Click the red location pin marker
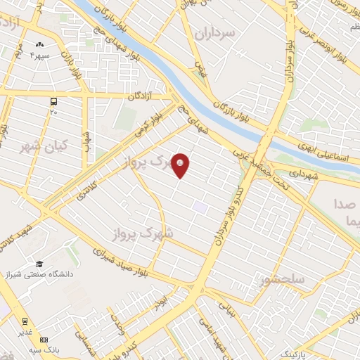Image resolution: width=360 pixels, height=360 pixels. click(181, 165)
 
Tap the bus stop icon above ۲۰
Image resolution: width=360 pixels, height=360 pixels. click(54, 102)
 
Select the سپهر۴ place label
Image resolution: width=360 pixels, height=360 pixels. click(39, 54)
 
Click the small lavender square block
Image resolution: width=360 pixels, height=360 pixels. click(201, 207)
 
